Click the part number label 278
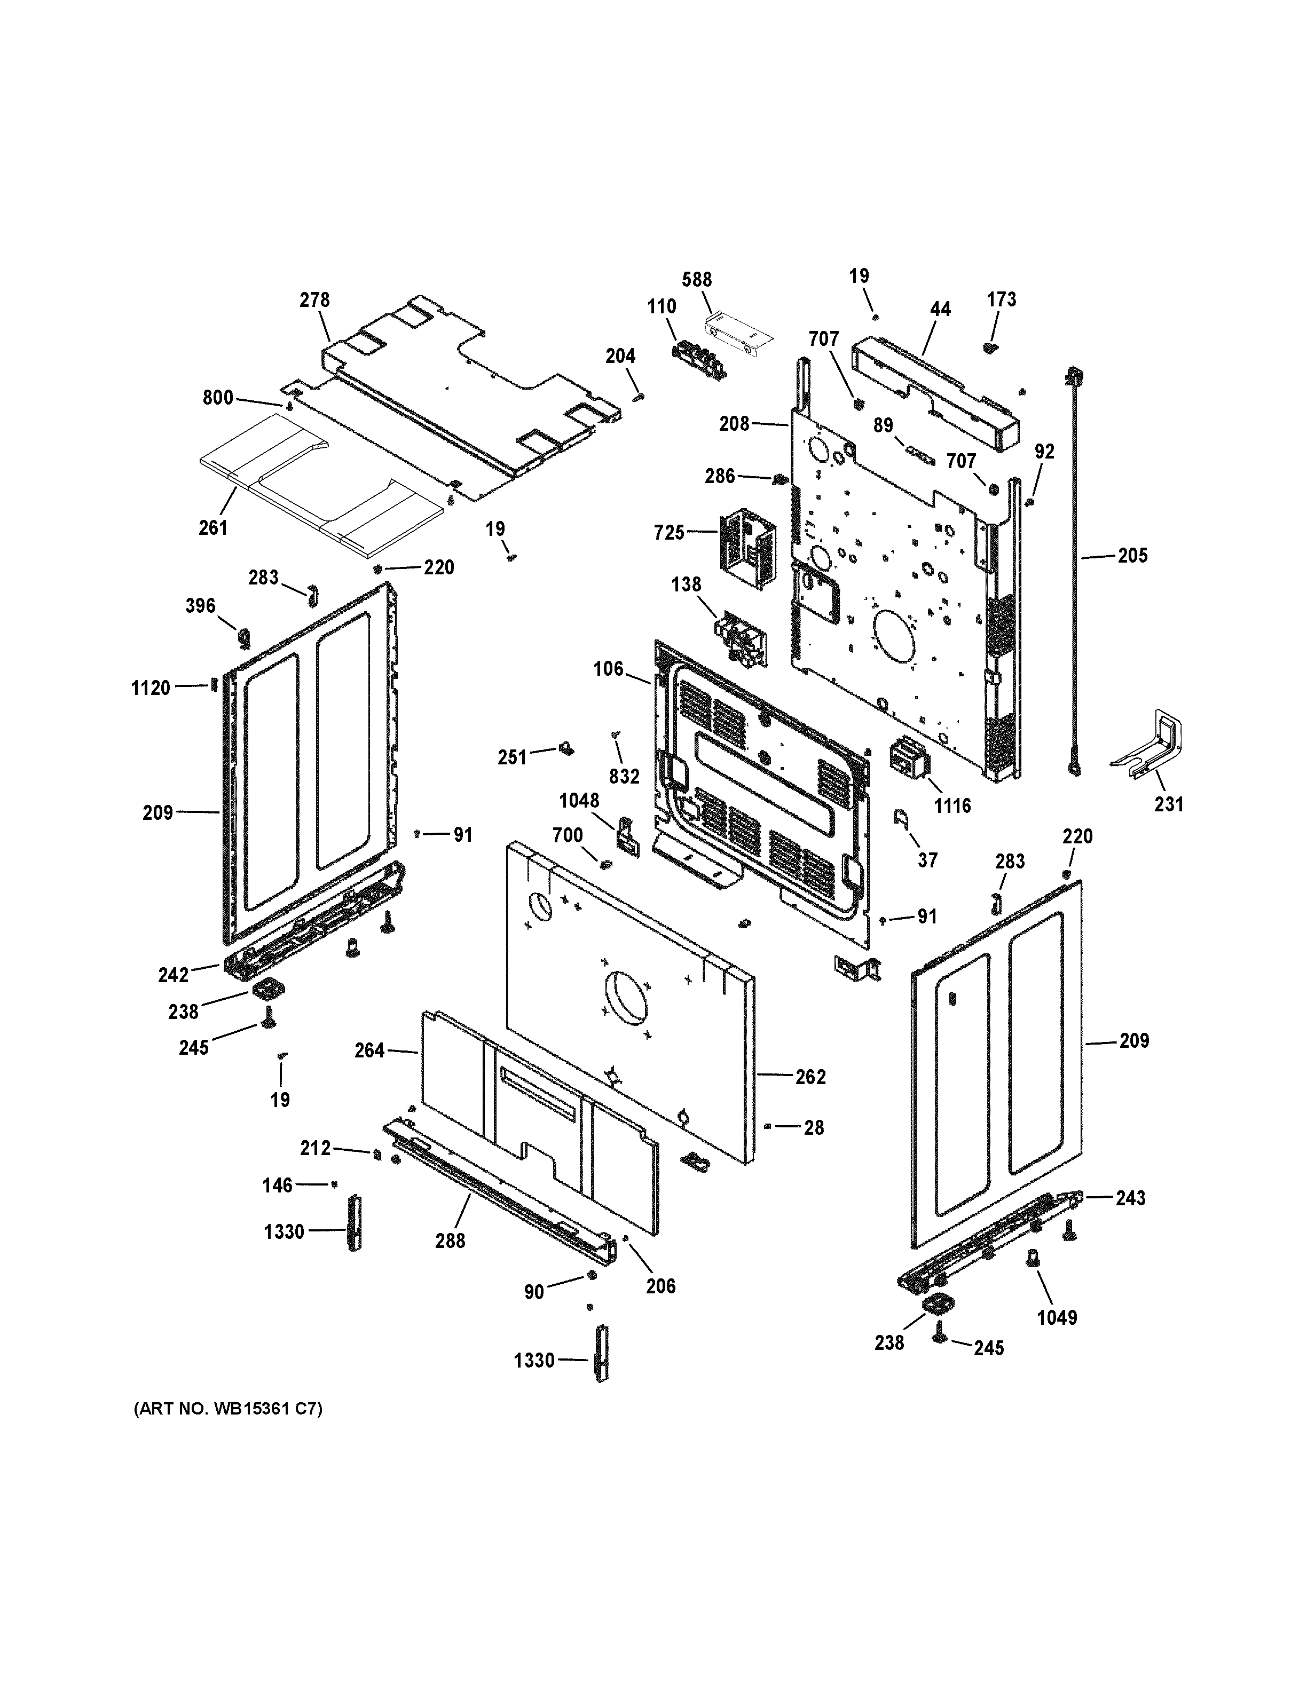pos(314,299)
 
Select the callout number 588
pos(697,280)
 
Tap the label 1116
pos(951,806)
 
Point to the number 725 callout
pos(669,533)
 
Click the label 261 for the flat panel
pos(213,527)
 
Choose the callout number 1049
pos(1057,1317)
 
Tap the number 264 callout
pos(369,1050)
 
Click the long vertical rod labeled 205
pos(1075,573)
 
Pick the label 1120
pos(150,688)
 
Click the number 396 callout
pos(200,605)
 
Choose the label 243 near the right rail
pos(1130,1198)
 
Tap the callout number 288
pos(450,1240)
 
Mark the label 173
pos(1001,299)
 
